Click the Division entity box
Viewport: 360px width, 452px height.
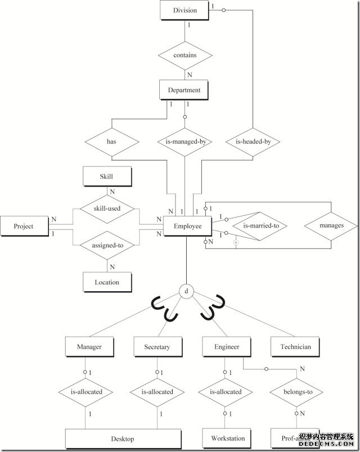185,10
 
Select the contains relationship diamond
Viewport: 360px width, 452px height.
185,55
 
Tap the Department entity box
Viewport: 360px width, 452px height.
184,90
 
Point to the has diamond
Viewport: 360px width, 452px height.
111,142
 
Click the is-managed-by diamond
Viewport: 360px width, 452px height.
185,142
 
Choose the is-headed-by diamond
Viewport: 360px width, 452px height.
253,142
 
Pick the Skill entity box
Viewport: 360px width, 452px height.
107,177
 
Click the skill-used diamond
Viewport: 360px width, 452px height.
107,208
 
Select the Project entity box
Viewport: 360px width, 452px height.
24,226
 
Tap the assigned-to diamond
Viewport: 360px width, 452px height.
107,245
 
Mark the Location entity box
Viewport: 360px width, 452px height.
107,282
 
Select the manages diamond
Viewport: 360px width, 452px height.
331,226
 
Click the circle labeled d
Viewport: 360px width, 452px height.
186,291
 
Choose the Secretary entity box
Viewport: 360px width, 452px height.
157,347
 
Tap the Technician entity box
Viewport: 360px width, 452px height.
295,347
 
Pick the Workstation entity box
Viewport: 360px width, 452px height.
228,438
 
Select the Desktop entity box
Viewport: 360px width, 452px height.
123,439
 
